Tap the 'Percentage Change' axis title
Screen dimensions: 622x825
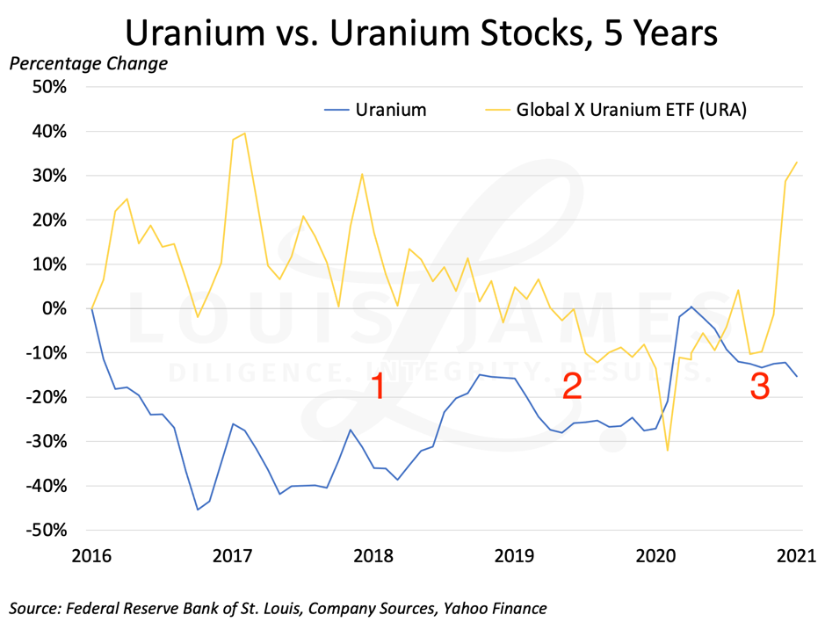click(x=88, y=64)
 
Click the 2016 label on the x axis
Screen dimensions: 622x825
click(x=91, y=555)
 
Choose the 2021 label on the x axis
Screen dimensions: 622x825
click(x=796, y=555)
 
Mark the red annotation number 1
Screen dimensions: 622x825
click(x=378, y=387)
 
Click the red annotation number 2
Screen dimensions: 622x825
click(x=572, y=386)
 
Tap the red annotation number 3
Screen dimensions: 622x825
click(x=760, y=387)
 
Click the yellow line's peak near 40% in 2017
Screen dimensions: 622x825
click(x=244, y=134)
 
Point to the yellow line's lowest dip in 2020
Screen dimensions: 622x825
click(x=668, y=451)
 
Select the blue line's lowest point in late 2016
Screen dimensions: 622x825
click(x=198, y=510)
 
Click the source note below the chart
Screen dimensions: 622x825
click(x=279, y=607)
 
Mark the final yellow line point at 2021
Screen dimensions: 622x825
click(x=796, y=162)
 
